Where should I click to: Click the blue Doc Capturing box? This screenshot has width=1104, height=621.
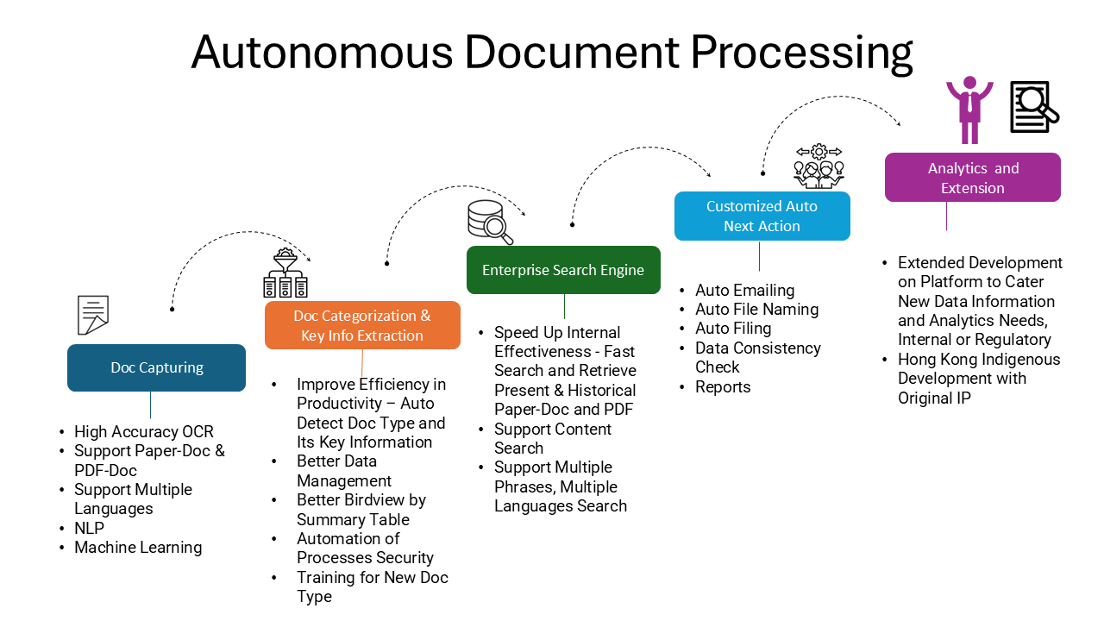click(x=156, y=367)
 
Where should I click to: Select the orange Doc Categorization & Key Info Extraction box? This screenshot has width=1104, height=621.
click(x=362, y=325)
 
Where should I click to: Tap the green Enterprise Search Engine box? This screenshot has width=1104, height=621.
click(x=563, y=270)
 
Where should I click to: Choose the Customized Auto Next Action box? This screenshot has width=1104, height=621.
click(x=762, y=216)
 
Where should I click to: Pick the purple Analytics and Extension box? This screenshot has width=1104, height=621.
click(x=972, y=178)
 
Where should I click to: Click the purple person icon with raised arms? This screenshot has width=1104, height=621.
click(x=969, y=110)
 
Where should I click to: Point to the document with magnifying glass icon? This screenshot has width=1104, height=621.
click(x=1034, y=107)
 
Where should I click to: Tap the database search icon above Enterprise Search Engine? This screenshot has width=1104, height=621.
click(x=490, y=222)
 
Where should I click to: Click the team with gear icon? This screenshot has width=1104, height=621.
click(x=819, y=166)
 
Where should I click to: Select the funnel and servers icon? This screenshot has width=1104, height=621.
click(x=285, y=273)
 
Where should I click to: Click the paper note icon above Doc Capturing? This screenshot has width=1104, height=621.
click(x=93, y=315)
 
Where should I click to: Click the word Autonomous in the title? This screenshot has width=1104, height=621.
click(x=322, y=53)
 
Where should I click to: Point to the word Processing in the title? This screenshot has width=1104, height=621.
click(x=801, y=53)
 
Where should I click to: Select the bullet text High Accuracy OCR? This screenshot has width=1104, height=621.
click(x=144, y=432)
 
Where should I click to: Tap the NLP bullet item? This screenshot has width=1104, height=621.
click(x=89, y=528)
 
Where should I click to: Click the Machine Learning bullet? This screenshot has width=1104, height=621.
click(x=138, y=548)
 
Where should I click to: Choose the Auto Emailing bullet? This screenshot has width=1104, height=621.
click(x=744, y=291)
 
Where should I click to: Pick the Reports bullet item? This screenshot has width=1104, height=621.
click(x=723, y=387)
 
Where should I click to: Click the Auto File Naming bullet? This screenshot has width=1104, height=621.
click(x=756, y=310)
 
